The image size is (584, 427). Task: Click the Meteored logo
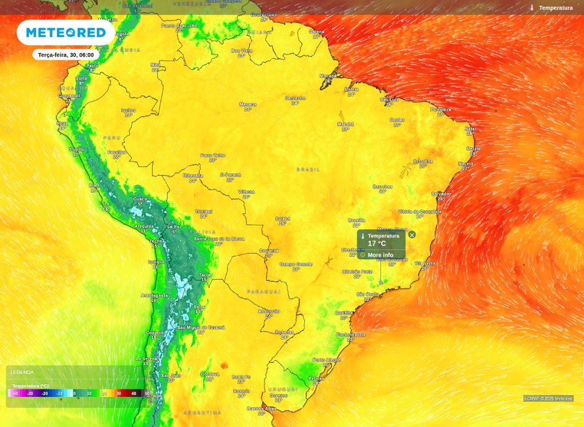tap(66, 33)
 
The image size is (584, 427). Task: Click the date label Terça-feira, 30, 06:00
tap(66, 55)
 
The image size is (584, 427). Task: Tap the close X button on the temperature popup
tap(412, 235)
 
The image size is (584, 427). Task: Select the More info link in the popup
tap(380, 255)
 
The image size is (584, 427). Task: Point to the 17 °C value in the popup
tap(377, 243)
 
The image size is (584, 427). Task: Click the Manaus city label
tap(248, 104)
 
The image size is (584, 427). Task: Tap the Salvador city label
tap(440, 194)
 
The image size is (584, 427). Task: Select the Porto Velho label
tap(212, 155)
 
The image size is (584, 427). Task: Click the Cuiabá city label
tap(282, 218)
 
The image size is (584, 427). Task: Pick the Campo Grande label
tap(296, 264)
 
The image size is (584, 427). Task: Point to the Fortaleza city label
tap(441, 109)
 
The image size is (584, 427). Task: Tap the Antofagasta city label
tap(155, 295)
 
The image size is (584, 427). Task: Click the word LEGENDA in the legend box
tap(22, 372)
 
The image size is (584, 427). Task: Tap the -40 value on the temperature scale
tap(15, 393)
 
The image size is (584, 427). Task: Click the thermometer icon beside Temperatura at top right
tap(532, 8)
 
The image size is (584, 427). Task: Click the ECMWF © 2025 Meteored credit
tap(548, 398)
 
